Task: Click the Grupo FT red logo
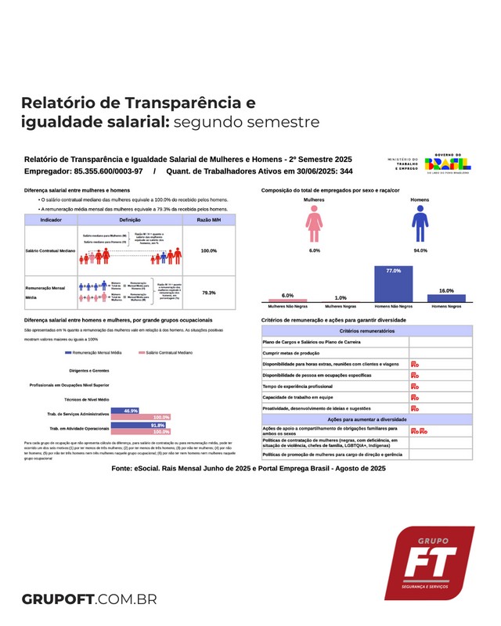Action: (428, 563)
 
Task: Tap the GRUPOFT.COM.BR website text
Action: (90, 600)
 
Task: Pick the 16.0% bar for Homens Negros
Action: (446, 298)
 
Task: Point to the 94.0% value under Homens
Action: (420, 250)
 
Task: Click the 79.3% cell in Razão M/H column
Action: (208, 292)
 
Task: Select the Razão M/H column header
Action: (208, 221)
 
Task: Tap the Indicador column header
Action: (52, 221)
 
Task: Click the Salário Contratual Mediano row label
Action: (52, 250)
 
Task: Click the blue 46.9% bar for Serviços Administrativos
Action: (125, 411)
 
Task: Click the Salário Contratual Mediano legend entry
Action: (168, 353)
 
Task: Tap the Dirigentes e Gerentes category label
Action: (89, 369)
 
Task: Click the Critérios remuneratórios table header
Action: (366, 331)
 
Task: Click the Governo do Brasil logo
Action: (447, 165)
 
